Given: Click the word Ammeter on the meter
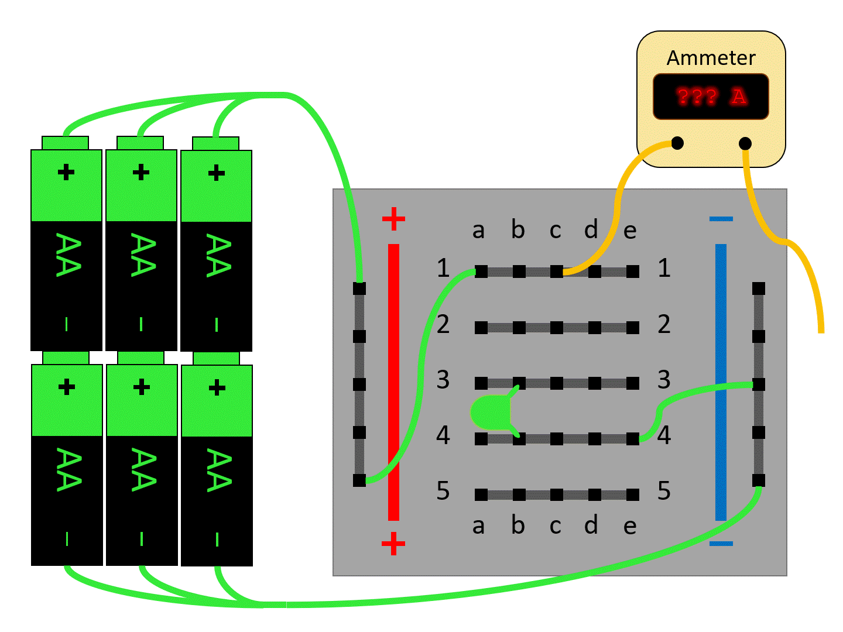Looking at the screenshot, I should tap(711, 58).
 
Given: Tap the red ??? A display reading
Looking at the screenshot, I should tap(711, 97).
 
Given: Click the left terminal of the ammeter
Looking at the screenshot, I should tap(677, 143).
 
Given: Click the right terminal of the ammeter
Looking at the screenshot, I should tap(745, 143).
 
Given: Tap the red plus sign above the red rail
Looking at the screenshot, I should tap(393, 219).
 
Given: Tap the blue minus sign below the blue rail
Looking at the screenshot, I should tap(721, 544).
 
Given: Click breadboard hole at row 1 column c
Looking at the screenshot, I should tap(557, 272).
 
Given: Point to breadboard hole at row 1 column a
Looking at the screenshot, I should tap(481, 272).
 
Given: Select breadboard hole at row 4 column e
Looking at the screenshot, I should tap(632, 439).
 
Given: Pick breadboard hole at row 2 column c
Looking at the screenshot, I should tap(557, 328).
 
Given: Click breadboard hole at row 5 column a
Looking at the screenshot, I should tap(481, 495).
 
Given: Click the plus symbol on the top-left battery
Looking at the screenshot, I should tap(66, 173).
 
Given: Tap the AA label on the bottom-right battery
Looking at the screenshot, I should tap(217, 470).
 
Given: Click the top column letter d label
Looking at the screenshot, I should tap(591, 229).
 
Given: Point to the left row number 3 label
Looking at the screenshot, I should tap(443, 380).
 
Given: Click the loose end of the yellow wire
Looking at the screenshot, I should tap(821, 331).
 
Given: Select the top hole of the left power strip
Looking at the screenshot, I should tap(359, 288).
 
